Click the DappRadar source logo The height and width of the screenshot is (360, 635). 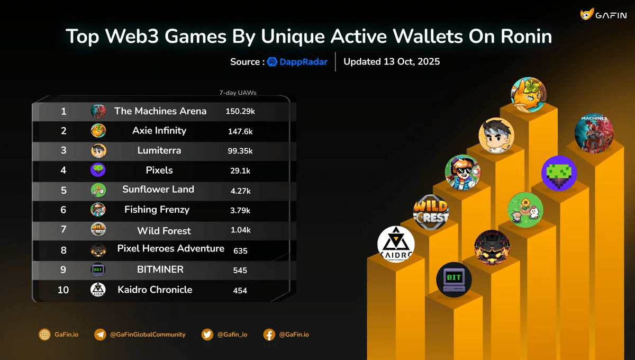click(x=297, y=61)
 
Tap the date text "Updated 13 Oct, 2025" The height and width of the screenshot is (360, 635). click(x=392, y=61)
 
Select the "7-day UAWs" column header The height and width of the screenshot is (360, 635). click(x=238, y=93)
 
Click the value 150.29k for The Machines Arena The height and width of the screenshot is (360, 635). click(x=240, y=111)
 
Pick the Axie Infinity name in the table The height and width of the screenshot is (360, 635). click(x=159, y=130)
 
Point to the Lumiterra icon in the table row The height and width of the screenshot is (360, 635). click(x=98, y=150)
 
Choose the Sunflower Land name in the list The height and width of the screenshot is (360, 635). click(x=158, y=189)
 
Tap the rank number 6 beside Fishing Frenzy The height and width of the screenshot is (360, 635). click(x=63, y=210)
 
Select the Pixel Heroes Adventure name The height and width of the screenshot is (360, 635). click(x=171, y=248)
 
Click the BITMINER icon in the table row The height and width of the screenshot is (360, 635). click(x=98, y=269)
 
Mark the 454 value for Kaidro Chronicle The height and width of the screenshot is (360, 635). click(x=240, y=290)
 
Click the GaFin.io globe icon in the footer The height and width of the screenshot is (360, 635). click(x=44, y=335)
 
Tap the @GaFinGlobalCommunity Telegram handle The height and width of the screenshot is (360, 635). click(x=148, y=335)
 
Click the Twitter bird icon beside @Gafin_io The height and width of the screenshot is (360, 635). click(x=207, y=335)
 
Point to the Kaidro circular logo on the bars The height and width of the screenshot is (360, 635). click(x=396, y=244)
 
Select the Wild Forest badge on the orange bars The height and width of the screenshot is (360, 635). click(x=431, y=212)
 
